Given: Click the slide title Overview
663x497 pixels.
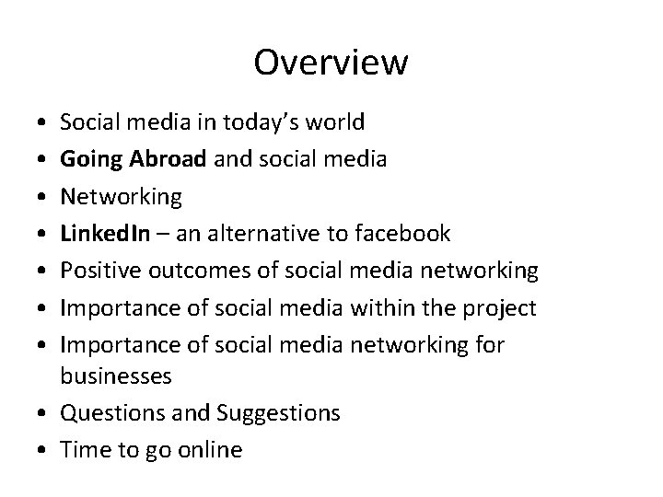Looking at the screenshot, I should [331, 63].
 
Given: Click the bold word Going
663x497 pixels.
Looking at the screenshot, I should [90, 159].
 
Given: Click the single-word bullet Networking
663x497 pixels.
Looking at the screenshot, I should [122, 197].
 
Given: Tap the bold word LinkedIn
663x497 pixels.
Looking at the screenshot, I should [99, 234].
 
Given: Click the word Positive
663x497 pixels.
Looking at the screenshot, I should [97, 272].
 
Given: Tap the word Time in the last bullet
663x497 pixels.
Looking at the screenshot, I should [81, 450].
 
